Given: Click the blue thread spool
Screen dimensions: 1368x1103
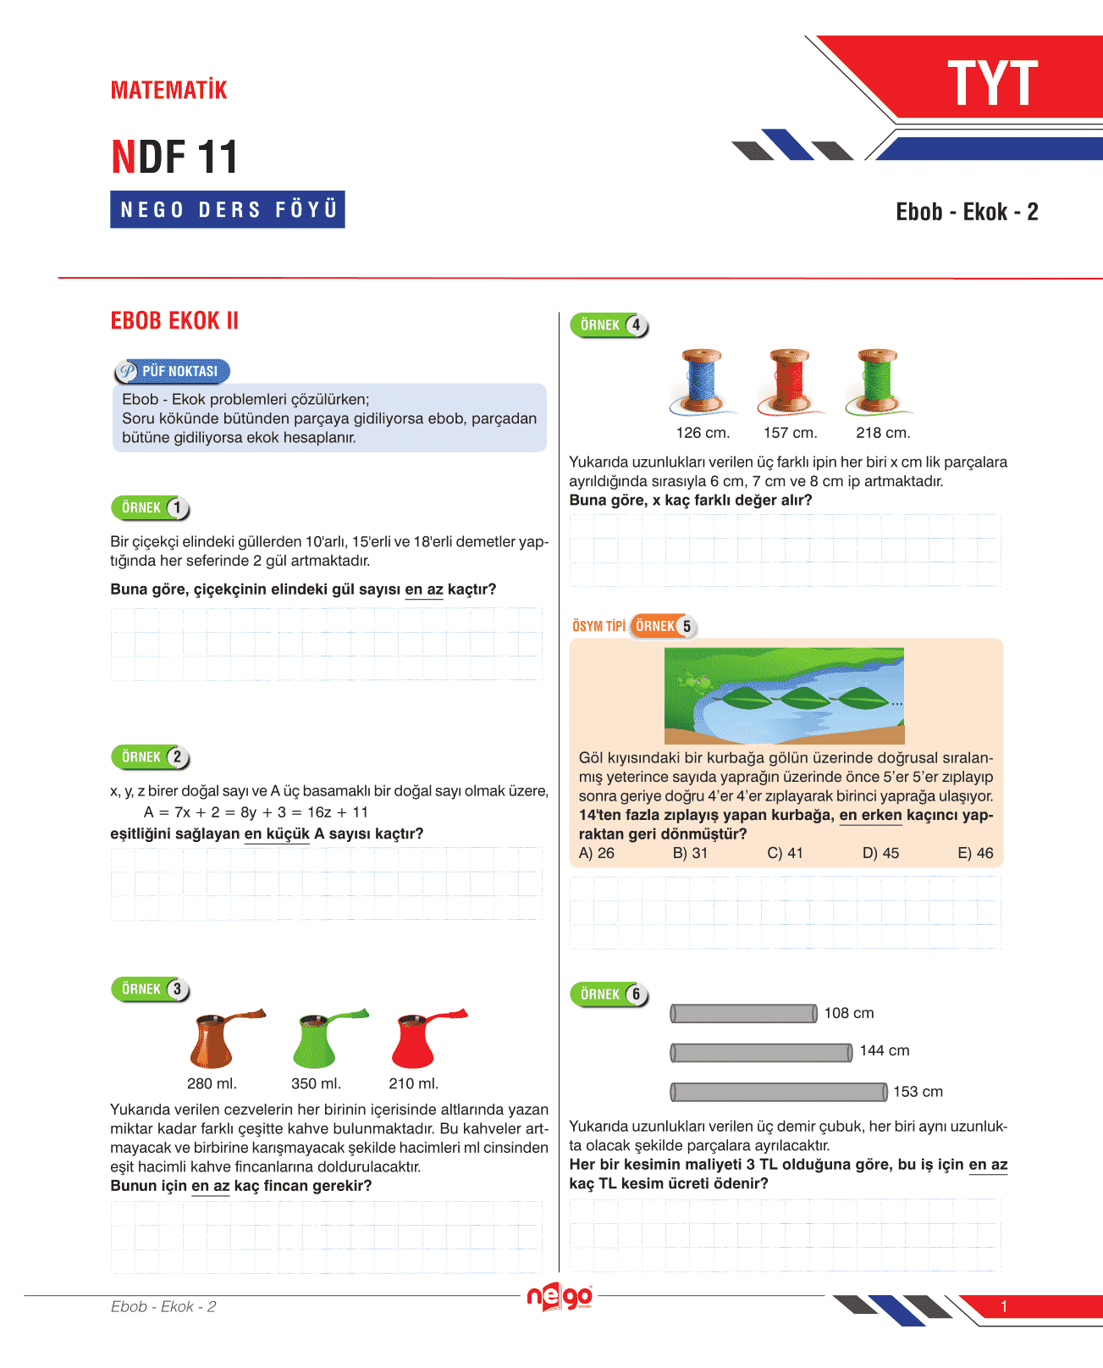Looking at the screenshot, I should [702, 380].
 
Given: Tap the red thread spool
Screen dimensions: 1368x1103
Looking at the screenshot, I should [789, 380].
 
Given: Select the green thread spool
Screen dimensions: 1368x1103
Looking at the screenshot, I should [876, 380].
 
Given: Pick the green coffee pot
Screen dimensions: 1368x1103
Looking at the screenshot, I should [317, 1040].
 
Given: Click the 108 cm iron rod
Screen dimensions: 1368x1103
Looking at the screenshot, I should [743, 1013].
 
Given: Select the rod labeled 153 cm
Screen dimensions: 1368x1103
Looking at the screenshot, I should [779, 1092].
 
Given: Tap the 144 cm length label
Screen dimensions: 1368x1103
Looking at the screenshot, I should [885, 1051].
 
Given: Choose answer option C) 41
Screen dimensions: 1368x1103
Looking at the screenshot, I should [785, 853].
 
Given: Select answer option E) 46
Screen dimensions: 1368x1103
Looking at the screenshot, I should [975, 853].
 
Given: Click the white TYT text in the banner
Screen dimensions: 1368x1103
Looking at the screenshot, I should [992, 84].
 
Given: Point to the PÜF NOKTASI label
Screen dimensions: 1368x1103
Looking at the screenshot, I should [173, 371].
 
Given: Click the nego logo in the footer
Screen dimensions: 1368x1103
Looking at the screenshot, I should [560, 1297].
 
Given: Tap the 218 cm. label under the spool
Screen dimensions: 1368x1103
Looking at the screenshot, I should [883, 433].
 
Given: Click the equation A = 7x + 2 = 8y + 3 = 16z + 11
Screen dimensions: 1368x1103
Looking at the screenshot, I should [256, 812].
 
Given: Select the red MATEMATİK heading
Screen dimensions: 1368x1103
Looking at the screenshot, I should [169, 91].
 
